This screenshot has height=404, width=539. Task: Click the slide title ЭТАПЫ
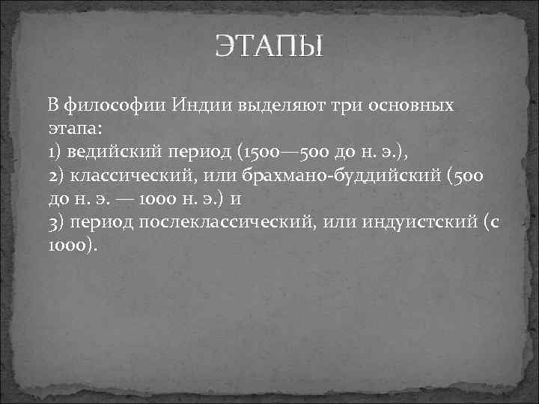269,47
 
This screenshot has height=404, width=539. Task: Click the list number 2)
55,175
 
